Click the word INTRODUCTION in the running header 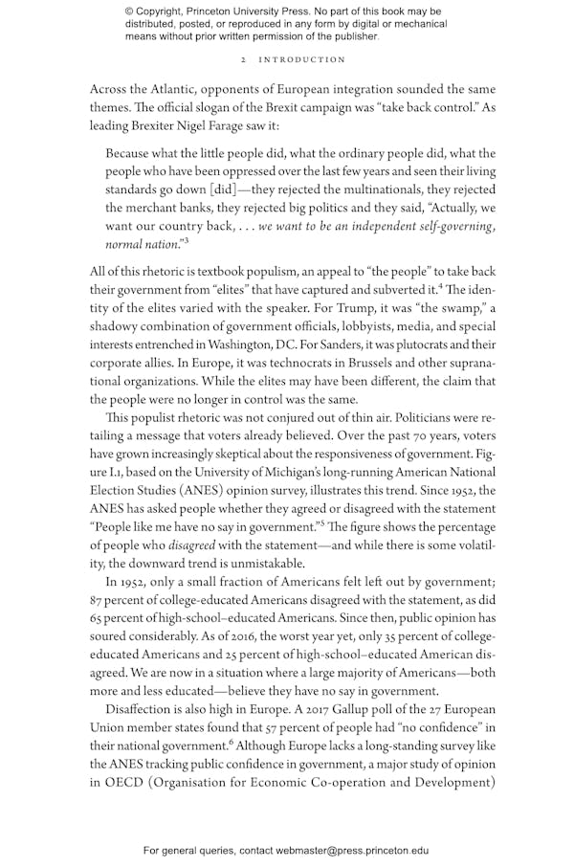(x=304, y=59)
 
